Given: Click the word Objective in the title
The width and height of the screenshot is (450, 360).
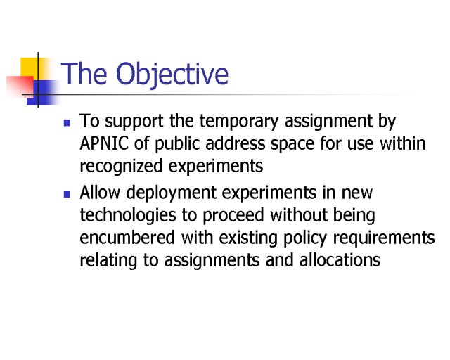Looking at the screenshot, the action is click(x=172, y=74).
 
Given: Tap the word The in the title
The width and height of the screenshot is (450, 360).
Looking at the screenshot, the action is click(x=84, y=73).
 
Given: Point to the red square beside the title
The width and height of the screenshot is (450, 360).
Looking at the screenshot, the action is click(x=20, y=86).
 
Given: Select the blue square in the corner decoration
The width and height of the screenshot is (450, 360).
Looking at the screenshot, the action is click(x=41, y=92).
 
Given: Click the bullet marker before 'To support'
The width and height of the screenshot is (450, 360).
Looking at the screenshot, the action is click(x=67, y=123).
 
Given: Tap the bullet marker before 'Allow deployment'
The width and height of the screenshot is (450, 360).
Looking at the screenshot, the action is click(x=67, y=195).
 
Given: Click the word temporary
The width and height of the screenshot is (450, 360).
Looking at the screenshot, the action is click(x=239, y=122).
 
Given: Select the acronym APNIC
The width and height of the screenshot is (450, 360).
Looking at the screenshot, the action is click(x=104, y=143).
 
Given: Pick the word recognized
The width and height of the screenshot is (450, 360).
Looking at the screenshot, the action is click(x=121, y=167).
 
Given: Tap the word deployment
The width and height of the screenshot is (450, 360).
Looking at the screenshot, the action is click(x=171, y=193).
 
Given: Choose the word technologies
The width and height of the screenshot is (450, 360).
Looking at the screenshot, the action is click(x=128, y=216).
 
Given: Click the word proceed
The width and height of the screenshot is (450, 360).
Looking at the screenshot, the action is click(x=233, y=216).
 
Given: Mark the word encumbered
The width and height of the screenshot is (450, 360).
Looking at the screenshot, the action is click(x=127, y=238).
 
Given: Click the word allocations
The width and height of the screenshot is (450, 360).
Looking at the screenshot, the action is click(x=340, y=260).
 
